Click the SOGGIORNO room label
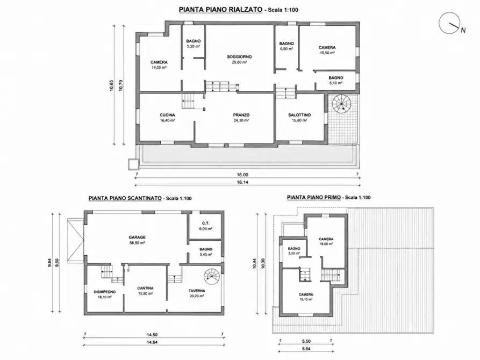pos(239,56)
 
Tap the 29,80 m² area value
pos(239,62)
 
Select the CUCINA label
pos(167,115)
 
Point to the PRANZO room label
pos(241,115)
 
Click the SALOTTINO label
pos(299,115)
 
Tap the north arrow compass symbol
pos(450,23)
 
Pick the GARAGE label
pos(137,237)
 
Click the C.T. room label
pos(206,224)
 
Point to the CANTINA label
pos(145,288)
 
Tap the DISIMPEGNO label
pos(104,292)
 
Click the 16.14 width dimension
pos(242,182)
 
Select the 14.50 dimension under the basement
pos(152,335)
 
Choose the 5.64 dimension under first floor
pos(306,348)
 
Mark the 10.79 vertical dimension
pos(121,85)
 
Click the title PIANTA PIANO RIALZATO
pos(220,10)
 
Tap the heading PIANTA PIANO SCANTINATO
pos(125,198)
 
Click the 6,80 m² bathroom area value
pos(286,49)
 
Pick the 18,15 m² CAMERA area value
pos(306,300)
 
